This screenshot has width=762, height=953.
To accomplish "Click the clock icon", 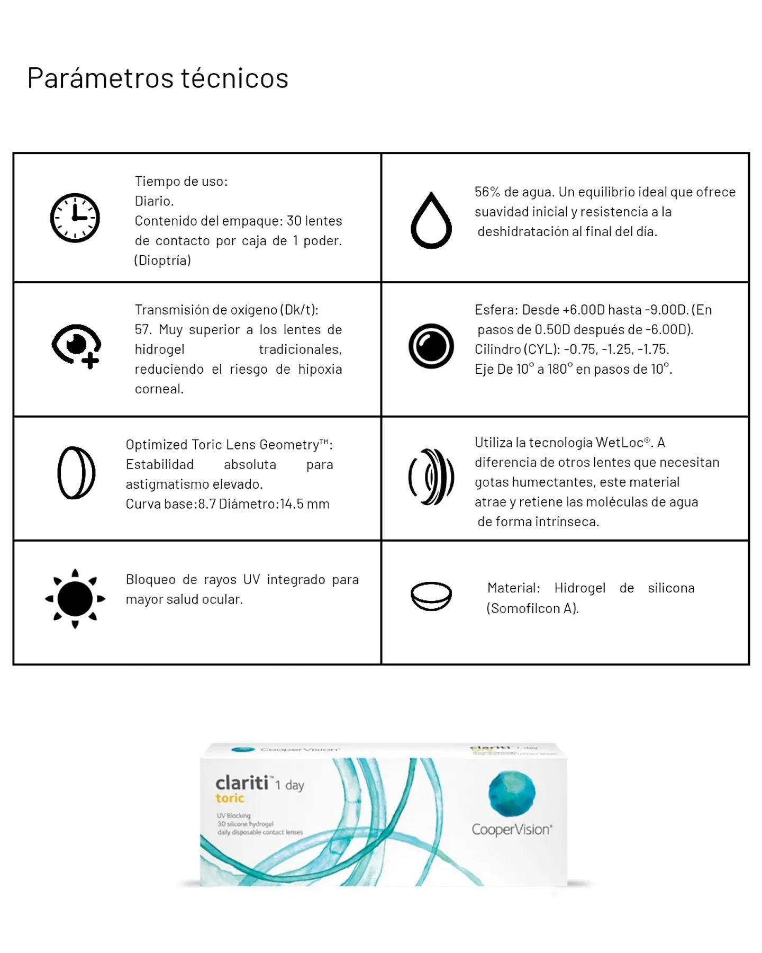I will (x=75, y=218).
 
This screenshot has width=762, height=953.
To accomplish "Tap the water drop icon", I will (x=431, y=221).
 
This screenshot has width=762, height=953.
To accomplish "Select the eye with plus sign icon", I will (x=77, y=346).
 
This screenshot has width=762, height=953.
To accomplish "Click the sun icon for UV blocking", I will (x=75, y=599).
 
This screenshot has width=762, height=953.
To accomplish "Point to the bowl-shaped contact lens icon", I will (x=431, y=596).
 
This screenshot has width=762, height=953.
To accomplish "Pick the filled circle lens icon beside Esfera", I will (x=431, y=346).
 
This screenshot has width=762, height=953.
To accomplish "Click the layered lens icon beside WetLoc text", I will (x=431, y=477).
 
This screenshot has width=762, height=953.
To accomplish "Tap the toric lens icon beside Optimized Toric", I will (x=76, y=473).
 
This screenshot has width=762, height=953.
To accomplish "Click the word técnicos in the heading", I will (x=235, y=78).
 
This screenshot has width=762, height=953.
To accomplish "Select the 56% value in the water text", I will (x=487, y=192).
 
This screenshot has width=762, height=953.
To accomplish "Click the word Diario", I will (x=154, y=201).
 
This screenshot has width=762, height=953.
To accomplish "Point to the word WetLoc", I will (x=620, y=443).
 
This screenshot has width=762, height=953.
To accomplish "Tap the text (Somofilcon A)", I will (x=532, y=608).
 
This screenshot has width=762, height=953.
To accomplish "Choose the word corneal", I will (x=159, y=389).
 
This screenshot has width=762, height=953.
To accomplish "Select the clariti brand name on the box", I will (x=242, y=783).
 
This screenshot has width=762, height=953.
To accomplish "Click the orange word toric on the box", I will (x=230, y=798).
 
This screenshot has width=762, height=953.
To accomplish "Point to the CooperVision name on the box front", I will (x=512, y=830).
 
